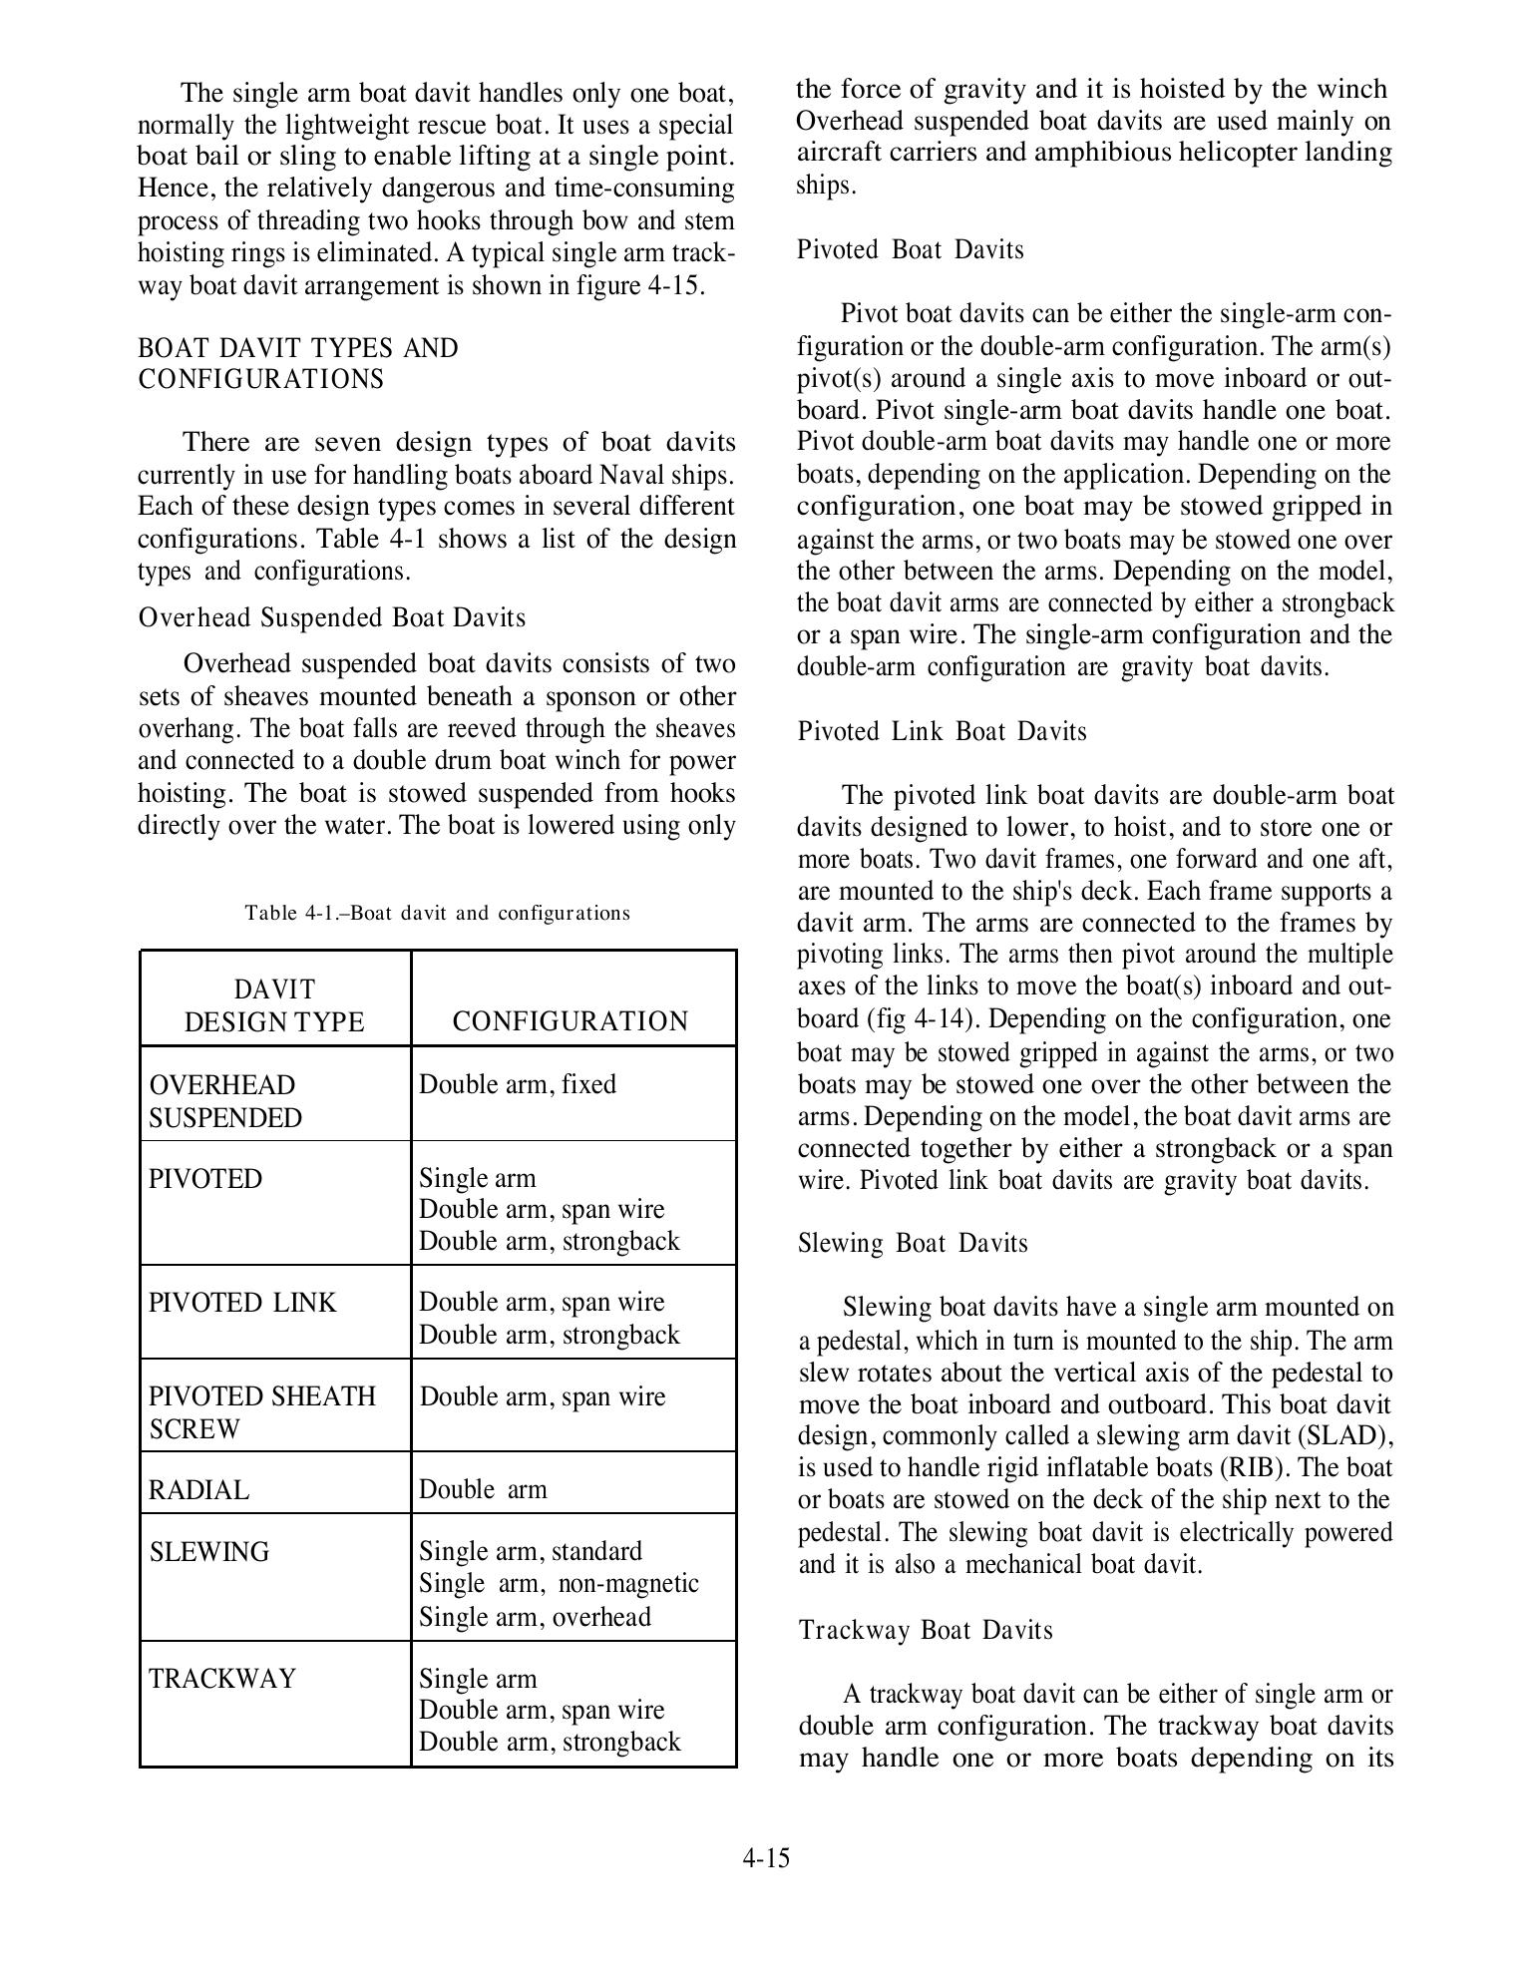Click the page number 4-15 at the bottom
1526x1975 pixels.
click(x=765, y=1858)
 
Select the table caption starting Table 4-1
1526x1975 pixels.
click(x=437, y=913)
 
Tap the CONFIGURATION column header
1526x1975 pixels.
click(x=570, y=1021)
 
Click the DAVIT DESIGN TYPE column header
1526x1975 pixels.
click(x=274, y=1005)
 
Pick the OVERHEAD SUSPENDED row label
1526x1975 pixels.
click(x=224, y=1100)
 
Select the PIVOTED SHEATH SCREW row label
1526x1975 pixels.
click(x=262, y=1411)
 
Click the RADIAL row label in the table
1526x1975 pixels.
click(x=198, y=1490)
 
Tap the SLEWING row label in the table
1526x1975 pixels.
click(x=208, y=1552)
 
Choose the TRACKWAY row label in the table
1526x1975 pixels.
click(x=222, y=1679)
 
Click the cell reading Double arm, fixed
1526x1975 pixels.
click(x=517, y=1084)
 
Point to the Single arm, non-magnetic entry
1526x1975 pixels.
click(x=559, y=1583)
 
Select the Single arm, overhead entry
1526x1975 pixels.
click(x=535, y=1616)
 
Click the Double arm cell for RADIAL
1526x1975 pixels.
click(x=483, y=1490)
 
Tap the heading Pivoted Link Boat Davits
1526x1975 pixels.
click(x=942, y=731)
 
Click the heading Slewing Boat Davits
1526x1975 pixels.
click(x=913, y=1243)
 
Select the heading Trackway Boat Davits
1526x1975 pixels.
click(x=926, y=1630)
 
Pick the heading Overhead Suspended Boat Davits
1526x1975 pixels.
click(x=331, y=617)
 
